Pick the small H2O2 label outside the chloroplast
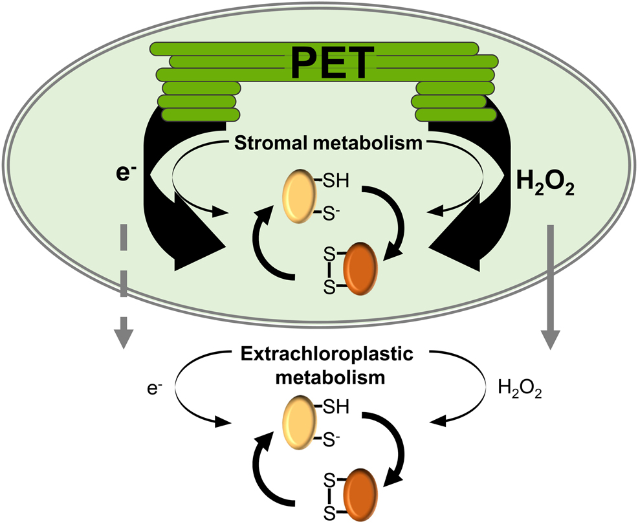517,390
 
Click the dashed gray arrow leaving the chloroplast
124,285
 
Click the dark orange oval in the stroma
364,270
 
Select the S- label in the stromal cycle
331,213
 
